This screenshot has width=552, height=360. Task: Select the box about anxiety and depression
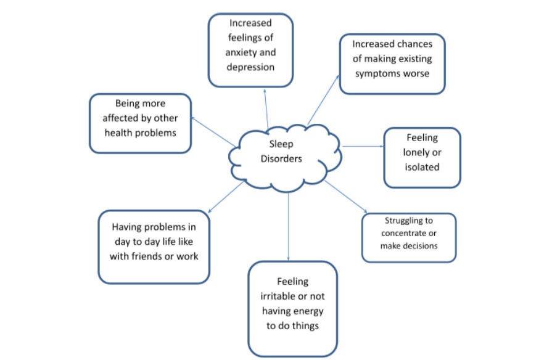(x=250, y=51)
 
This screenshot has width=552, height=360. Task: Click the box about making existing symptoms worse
(x=392, y=64)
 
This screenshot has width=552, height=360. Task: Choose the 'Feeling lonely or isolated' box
(x=422, y=157)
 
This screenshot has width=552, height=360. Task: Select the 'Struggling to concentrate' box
(x=408, y=237)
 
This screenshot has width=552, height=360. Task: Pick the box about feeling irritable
(x=292, y=308)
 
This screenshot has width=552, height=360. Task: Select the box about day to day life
(x=154, y=247)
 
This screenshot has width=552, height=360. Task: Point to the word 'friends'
(x=152, y=256)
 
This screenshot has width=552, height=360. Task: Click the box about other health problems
(x=140, y=123)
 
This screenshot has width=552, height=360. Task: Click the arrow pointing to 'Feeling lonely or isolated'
(x=363, y=147)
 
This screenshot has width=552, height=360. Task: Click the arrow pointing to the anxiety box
(x=266, y=108)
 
